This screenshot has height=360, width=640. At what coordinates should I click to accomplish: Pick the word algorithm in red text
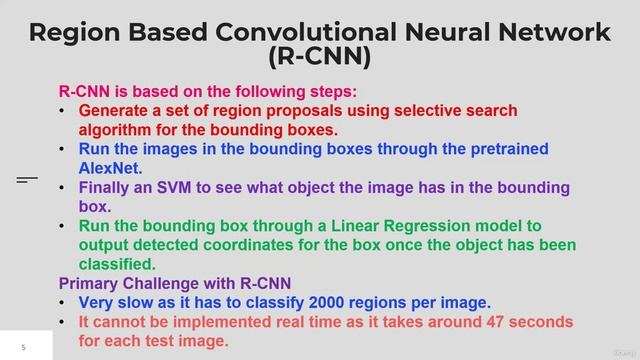click(x=118, y=129)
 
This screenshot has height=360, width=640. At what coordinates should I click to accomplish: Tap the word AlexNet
click(x=111, y=168)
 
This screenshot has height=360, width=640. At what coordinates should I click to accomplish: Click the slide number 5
click(x=21, y=347)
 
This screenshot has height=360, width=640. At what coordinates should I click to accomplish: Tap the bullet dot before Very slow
click(x=64, y=302)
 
